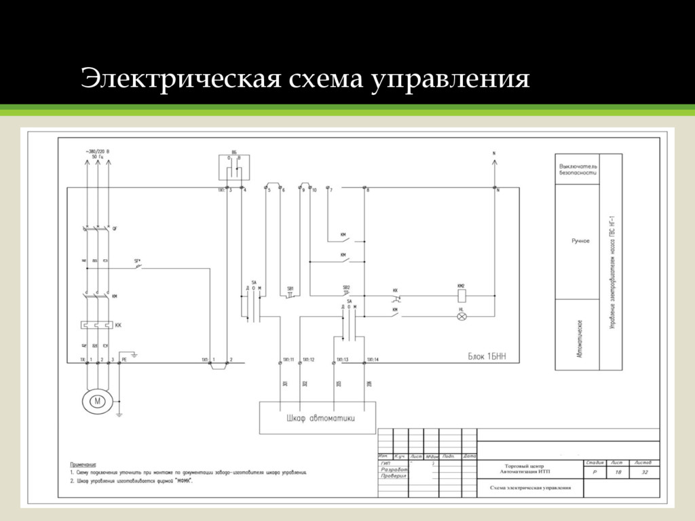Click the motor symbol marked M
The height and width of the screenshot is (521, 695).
(x=96, y=401)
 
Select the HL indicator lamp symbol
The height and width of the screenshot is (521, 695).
(x=462, y=315)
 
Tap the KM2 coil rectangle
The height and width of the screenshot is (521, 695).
(x=462, y=296)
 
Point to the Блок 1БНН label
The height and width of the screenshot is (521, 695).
(x=486, y=355)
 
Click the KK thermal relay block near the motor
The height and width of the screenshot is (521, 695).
(x=96, y=325)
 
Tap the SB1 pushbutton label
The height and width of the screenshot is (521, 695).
(x=290, y=288)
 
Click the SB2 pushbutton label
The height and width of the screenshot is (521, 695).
(x=346, y=288)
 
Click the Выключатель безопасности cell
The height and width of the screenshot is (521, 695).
(x=578, y=169)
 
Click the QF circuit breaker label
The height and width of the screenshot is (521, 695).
(x=115, y=227)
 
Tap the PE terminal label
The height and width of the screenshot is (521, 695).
(x=124, y=359)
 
